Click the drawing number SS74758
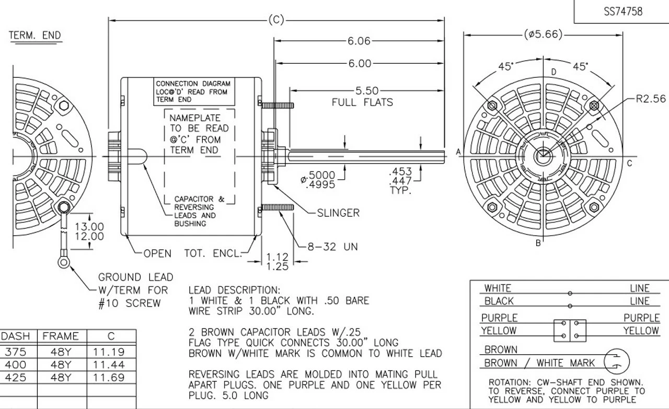click(x=623, y=11)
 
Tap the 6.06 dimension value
click(x=359, y=41)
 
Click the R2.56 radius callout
click(x=651, y=99)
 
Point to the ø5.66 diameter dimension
click(x=544, y=34)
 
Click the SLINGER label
click(x=338, y=213)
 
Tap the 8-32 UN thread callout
click(x=332, y=246)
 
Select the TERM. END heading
click(x=34, y=36)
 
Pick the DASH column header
click(x=16, y=336)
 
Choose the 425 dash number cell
click(x=15, y=377)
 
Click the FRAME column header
click(x=60, y=336)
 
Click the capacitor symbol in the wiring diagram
click(x=617, y=361)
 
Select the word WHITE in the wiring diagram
click(x=498, y=288)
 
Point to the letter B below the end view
click(x=538, y=243)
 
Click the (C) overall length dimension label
click(x=276, y=20)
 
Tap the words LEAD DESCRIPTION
click(x=234, y=290)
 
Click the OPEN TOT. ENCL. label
click(x=193, y=253)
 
